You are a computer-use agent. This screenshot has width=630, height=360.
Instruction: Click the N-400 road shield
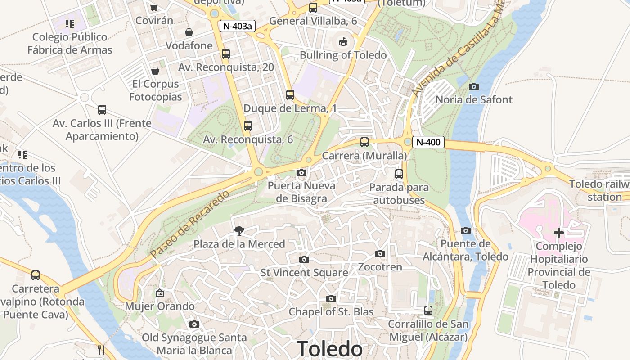tap(428, 142)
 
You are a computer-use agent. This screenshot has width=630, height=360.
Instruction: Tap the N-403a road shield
tap(237, 26)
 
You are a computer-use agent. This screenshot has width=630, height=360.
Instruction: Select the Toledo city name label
tap(329, 349)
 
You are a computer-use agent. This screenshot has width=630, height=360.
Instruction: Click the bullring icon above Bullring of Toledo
tap(343, 42)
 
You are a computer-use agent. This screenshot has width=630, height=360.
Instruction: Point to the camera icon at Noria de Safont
tap(473, 86)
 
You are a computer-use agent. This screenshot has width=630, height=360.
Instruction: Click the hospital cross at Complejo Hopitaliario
tap(559, 233)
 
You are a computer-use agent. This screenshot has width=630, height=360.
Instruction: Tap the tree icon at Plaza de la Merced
tap(239, 231)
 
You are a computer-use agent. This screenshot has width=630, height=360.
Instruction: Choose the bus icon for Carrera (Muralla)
tap(364, 142)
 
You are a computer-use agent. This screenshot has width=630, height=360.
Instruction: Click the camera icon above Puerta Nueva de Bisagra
tap(301, 172)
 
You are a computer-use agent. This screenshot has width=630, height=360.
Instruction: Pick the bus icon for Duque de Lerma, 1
tap(290, 95)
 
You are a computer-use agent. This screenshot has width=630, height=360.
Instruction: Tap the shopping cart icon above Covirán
tap(154, 7)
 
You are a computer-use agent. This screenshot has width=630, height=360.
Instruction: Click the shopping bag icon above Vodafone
tap(189, 32)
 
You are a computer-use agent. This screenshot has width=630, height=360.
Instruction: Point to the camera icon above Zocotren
tap(380, 254)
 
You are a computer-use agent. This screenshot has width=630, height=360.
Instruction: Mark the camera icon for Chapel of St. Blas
tap(331, 298)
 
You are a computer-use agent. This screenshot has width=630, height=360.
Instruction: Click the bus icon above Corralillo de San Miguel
tap(428, 310)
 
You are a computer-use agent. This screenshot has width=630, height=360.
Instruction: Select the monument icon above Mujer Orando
tap(159, 293)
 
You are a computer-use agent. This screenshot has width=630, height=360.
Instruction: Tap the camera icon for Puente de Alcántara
tap(466, 231)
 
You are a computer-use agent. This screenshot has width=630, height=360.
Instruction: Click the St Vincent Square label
tap(304, 273)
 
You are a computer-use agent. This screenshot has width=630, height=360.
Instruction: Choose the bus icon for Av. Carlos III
tap(102, 110)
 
